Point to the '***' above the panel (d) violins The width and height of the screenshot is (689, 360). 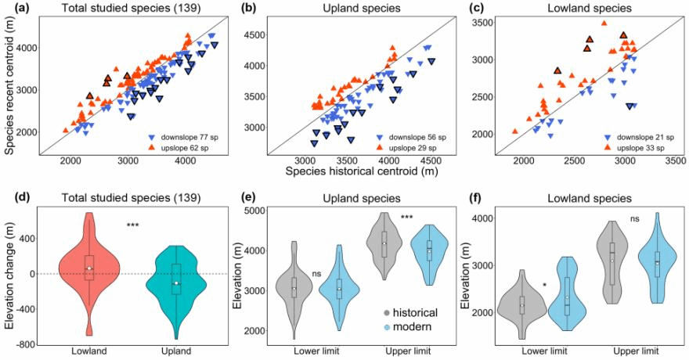point(135,226)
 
